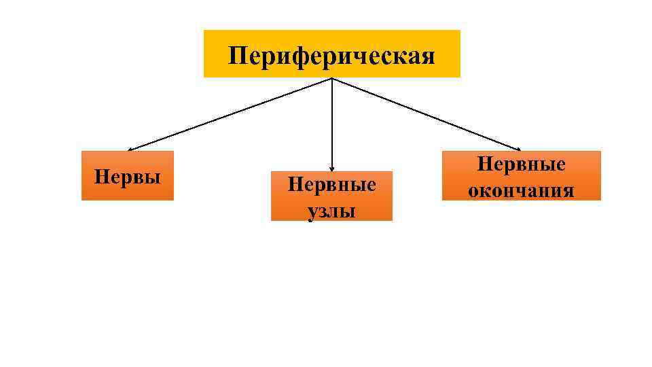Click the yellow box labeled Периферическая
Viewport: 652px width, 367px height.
[331, 54]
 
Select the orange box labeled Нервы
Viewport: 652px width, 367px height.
[127, 175]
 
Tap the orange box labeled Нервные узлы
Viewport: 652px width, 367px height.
[331, 196]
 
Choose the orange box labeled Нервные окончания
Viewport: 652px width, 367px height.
[521, 175]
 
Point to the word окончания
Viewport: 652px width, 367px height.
[521, 190]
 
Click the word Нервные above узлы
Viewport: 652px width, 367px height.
[331, 184]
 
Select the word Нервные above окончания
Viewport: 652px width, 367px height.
[522, 164]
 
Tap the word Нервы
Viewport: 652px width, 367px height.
[128, 177]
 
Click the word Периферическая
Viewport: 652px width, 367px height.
[331, 55]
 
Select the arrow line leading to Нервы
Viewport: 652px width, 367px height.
[231, 113]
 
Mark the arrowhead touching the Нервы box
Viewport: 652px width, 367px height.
[131, 149]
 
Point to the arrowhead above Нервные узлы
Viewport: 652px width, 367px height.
[331, 168]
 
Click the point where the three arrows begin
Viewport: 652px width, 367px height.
[331, 78]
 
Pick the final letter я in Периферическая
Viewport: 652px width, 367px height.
[428, 56]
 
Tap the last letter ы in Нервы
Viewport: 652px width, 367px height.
[154, 179]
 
